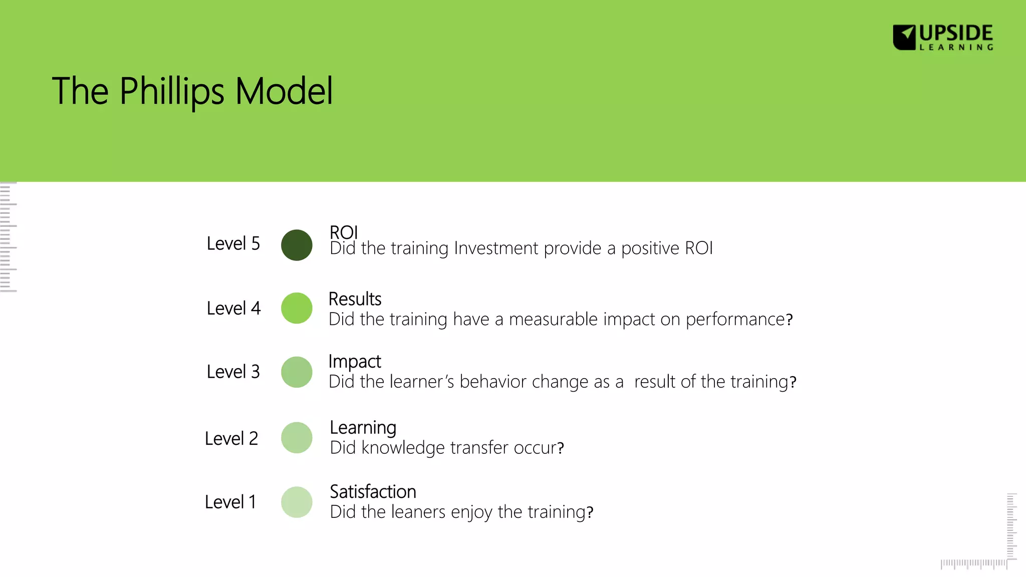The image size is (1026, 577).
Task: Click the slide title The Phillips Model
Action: click(192, 91)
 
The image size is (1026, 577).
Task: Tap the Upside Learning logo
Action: click(943, 37)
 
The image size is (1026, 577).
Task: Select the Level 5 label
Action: click(233, 244)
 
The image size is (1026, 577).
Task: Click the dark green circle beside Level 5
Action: click(297, 245)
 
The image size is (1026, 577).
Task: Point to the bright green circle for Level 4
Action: click(297, 308)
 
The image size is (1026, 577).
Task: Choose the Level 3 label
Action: click(233, 372)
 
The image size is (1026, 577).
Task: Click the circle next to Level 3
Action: click(297, 372)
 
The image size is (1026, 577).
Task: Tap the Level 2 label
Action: click(231, 439)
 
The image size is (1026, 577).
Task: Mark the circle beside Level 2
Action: click(297, 438)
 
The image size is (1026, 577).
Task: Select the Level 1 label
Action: click(230, 502)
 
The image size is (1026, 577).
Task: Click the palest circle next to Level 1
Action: click(297, 502)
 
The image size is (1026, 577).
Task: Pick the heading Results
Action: click(355, 299)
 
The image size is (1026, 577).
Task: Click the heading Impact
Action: click(355, 362)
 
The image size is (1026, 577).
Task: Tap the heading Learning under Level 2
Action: click(363, 428)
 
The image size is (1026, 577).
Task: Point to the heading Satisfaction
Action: click(373, 492)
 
